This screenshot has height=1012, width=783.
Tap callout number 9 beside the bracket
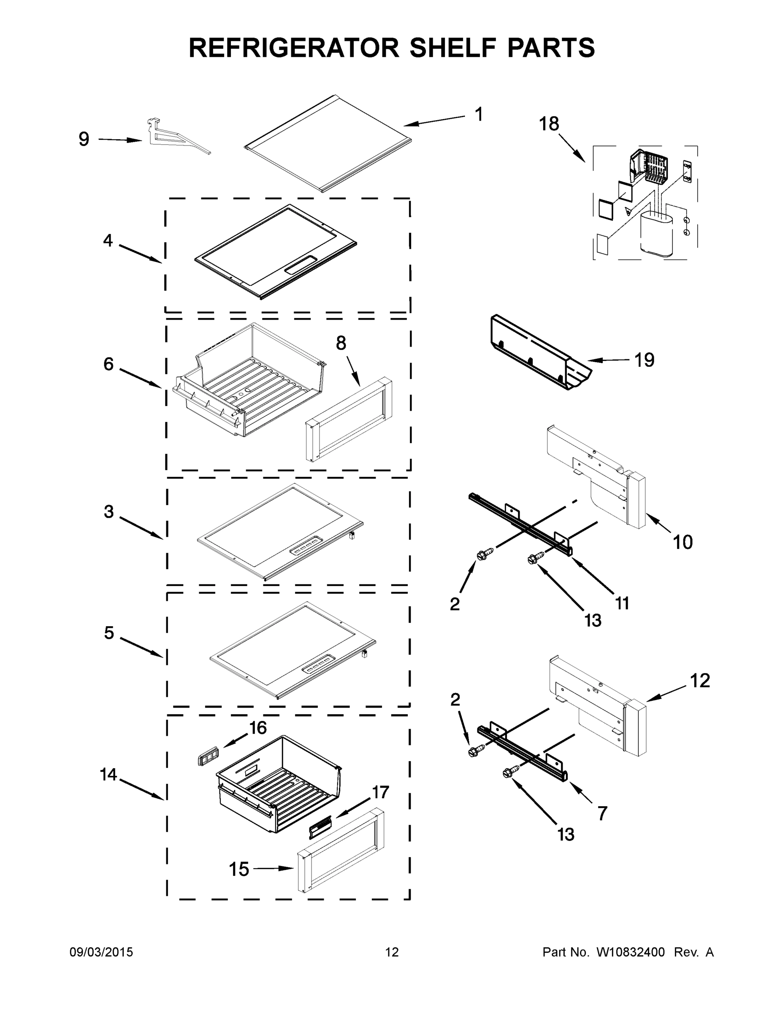[x=84, y=139]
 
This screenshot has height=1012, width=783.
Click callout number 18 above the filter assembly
[x=549, y=124]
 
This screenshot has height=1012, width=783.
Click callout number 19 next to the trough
[x=644, y=360]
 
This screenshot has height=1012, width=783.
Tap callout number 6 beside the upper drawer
[x=108, y=364]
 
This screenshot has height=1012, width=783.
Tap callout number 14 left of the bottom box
[x=108, y=774]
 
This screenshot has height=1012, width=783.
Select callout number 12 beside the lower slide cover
[x=700, y=681]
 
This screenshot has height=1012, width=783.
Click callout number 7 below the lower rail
[x=602, y=813]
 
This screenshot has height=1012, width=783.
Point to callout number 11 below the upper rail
[x=622, y=603]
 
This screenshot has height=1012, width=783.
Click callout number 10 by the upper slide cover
[x=683, y=542]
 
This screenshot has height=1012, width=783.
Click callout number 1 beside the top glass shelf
[x=479, y=114]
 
